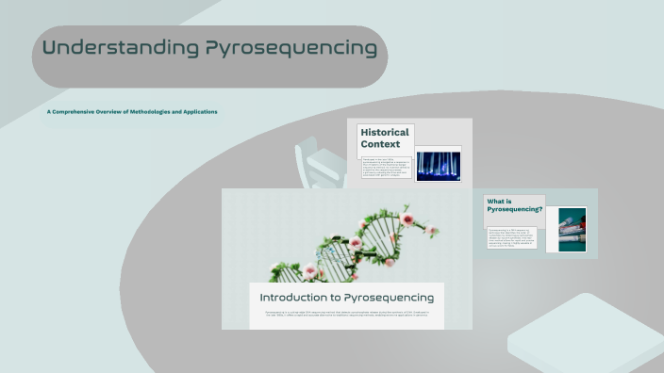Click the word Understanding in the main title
click(x=120, y=48)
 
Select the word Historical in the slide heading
click(x=386, y=133)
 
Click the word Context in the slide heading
click(x=380, y=145)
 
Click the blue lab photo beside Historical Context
click(x=438, y=166)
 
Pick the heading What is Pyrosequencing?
click(x=514, y=206)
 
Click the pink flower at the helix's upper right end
click(x=408, y=219)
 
